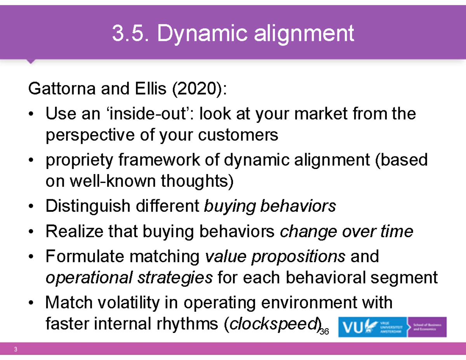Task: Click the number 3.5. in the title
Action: tap(130, 33)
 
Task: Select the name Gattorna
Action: tap(62, 89)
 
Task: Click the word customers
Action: tap(238, 135)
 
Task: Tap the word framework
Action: tap(159, 160)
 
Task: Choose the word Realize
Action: tap(75, 231)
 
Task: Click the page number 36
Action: tap(324, 332)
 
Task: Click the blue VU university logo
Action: tap(372, 327)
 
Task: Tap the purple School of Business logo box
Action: tap(427, 327)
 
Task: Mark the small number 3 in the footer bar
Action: tap(16, 349)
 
